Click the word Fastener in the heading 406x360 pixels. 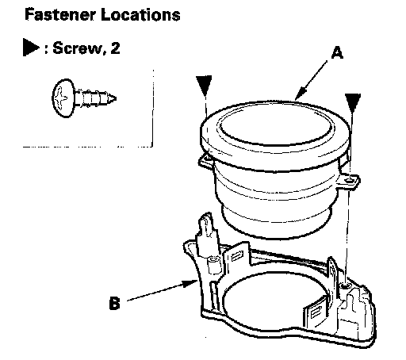pos(59,14)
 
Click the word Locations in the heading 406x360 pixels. pos(140,14)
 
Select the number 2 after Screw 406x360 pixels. pos(115,48)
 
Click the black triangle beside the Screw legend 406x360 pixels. pos(30,48)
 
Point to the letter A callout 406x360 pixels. pos(337,52)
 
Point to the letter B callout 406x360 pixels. pos(114,303)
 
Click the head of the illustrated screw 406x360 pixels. pos(63,98)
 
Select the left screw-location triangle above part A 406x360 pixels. pos(204,85)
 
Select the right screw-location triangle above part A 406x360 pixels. pos(353,102)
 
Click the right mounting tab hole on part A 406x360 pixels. pos(350,181)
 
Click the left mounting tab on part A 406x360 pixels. pos(205,161)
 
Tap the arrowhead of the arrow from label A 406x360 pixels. pos(300,94)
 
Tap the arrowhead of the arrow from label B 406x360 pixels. pos(190,284)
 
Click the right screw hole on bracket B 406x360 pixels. pos(345,285)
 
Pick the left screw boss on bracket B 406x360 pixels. pos(213,264)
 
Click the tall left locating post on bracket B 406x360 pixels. pos(206,232)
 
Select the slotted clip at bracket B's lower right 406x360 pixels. pos(316,312)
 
